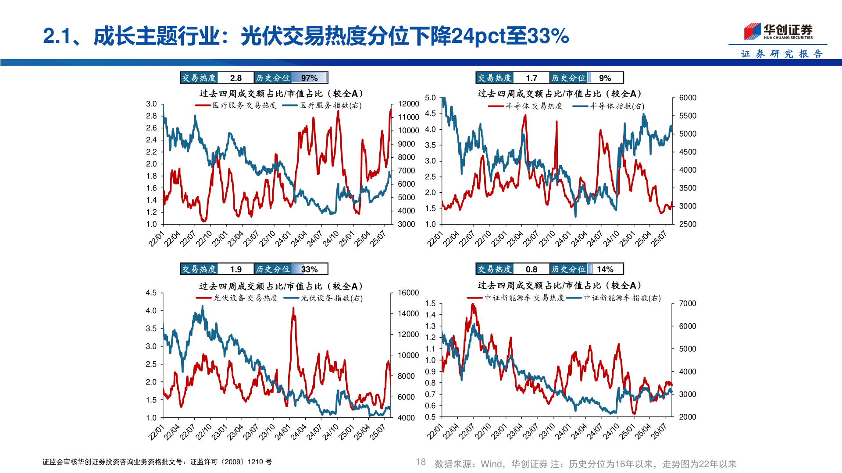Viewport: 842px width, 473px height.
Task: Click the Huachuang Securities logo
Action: (x=778, y=31)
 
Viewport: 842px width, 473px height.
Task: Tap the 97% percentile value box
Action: (x=310, y=78)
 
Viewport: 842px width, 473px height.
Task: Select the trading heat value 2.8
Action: (x=235, y=78)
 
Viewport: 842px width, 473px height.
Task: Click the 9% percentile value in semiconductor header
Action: (x=605, y=78)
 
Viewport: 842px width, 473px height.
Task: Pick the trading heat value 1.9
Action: (x=235, y=269)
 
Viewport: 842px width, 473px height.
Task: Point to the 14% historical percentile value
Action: (x=605, y=269)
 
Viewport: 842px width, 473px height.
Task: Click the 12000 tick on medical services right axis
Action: (x=408, y=104)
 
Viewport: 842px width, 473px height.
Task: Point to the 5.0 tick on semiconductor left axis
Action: (x=430, y=98)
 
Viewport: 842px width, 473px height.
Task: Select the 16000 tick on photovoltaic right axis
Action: (x=408, y=293)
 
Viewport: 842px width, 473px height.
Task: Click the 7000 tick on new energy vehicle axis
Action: (x=687, y=304)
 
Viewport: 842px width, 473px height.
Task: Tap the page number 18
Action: (x=421, y=462)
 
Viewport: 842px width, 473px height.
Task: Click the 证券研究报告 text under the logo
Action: (x=781, y=54)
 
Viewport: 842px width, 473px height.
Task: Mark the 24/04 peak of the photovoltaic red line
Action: (x=293, y=308)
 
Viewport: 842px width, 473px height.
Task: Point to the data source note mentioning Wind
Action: (x=585, y=464)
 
